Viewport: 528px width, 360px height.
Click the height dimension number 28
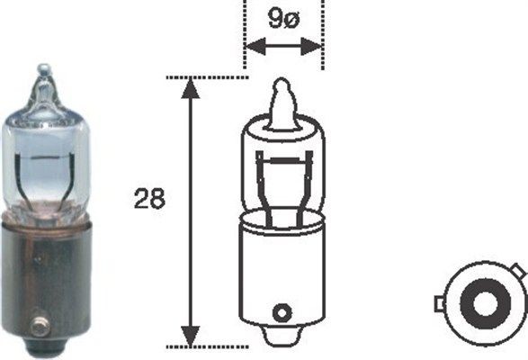pos(151,199)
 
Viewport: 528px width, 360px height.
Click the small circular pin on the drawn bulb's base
pos(282,312)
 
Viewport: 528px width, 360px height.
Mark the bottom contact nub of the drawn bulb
pos(282,339)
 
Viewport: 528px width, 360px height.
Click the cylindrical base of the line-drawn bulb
pos(282,270)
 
